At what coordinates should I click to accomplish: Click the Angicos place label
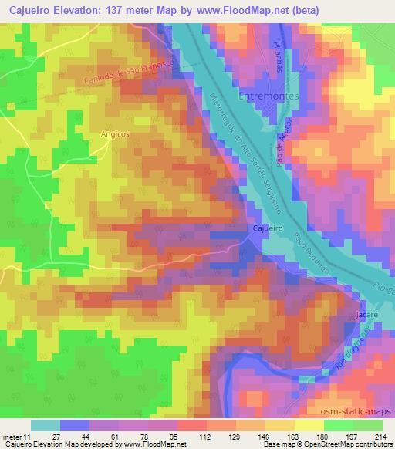(113, 133)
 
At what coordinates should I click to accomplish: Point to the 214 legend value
(379, 437)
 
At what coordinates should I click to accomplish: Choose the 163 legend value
(290, 437)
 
